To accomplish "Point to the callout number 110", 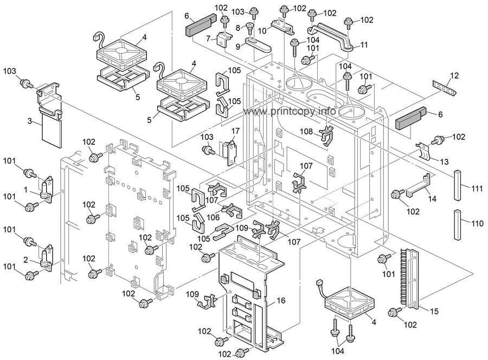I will coord(477,223).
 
